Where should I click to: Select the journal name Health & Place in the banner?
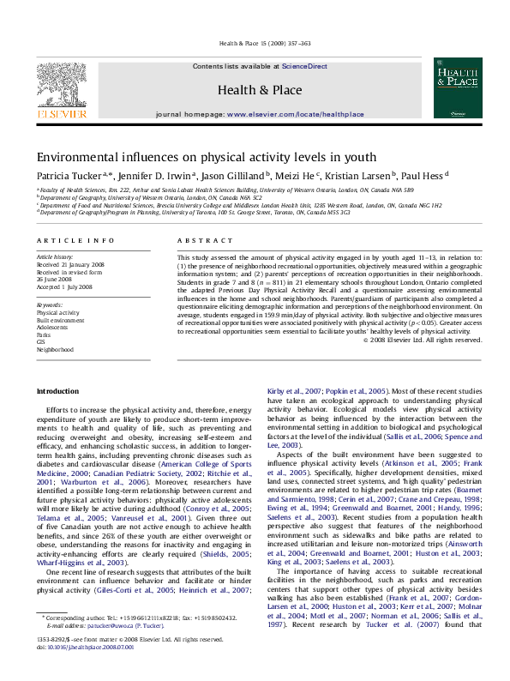pos(259,90)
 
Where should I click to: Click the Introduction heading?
pos(58,391)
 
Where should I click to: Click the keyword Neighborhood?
pos(55,349)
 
